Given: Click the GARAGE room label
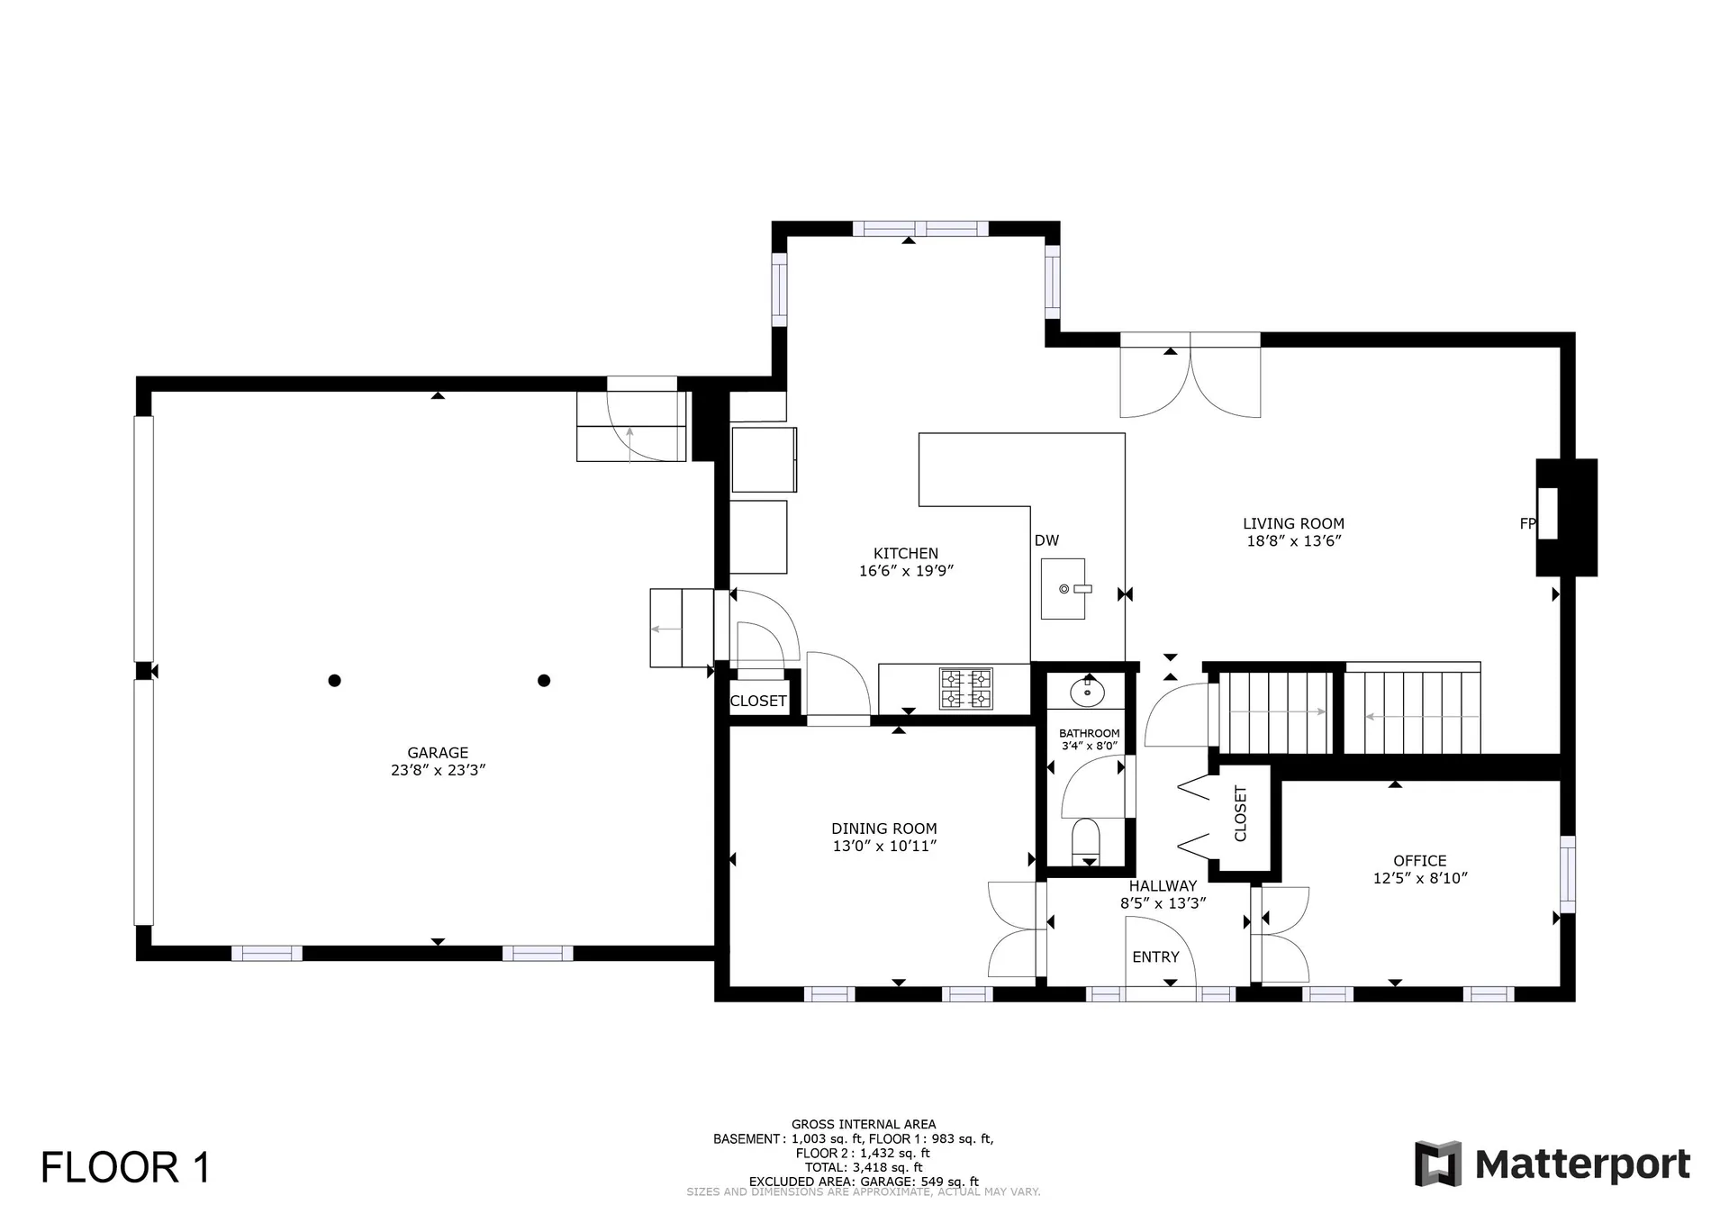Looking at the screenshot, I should (x=438, y=753).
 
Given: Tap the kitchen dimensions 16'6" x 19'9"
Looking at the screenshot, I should (x=906, y=571).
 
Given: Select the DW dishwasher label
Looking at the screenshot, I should (x=1046, y=540).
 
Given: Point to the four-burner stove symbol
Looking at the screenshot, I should (x=966, y=689).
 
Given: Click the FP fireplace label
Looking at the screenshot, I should (x=1526, y=523).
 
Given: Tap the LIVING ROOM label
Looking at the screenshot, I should (x=1293, y=523).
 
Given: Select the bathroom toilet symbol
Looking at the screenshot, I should (x=1087, y=838).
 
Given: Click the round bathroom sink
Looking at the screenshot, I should (x=1088, y=693).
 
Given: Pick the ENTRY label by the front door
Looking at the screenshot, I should (x=1155, y=957).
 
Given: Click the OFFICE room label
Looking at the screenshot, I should (x=1419, y=861).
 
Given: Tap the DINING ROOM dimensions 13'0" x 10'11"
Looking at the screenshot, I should (x=884, y=847).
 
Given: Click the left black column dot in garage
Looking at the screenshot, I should (x=334, y=681).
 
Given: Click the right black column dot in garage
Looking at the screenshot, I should (x=544, y=681).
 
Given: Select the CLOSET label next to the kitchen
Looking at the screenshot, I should (x=758, y=702).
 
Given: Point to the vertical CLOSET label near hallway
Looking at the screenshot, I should (x=1241, y=813).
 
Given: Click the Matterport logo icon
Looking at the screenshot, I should (x=1437, y=1164).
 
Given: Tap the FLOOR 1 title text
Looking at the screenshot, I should (x=125, y=1168).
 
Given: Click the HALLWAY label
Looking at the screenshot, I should (x=1163, y=886).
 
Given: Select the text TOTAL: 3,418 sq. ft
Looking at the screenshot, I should (x=864, y=1167).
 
